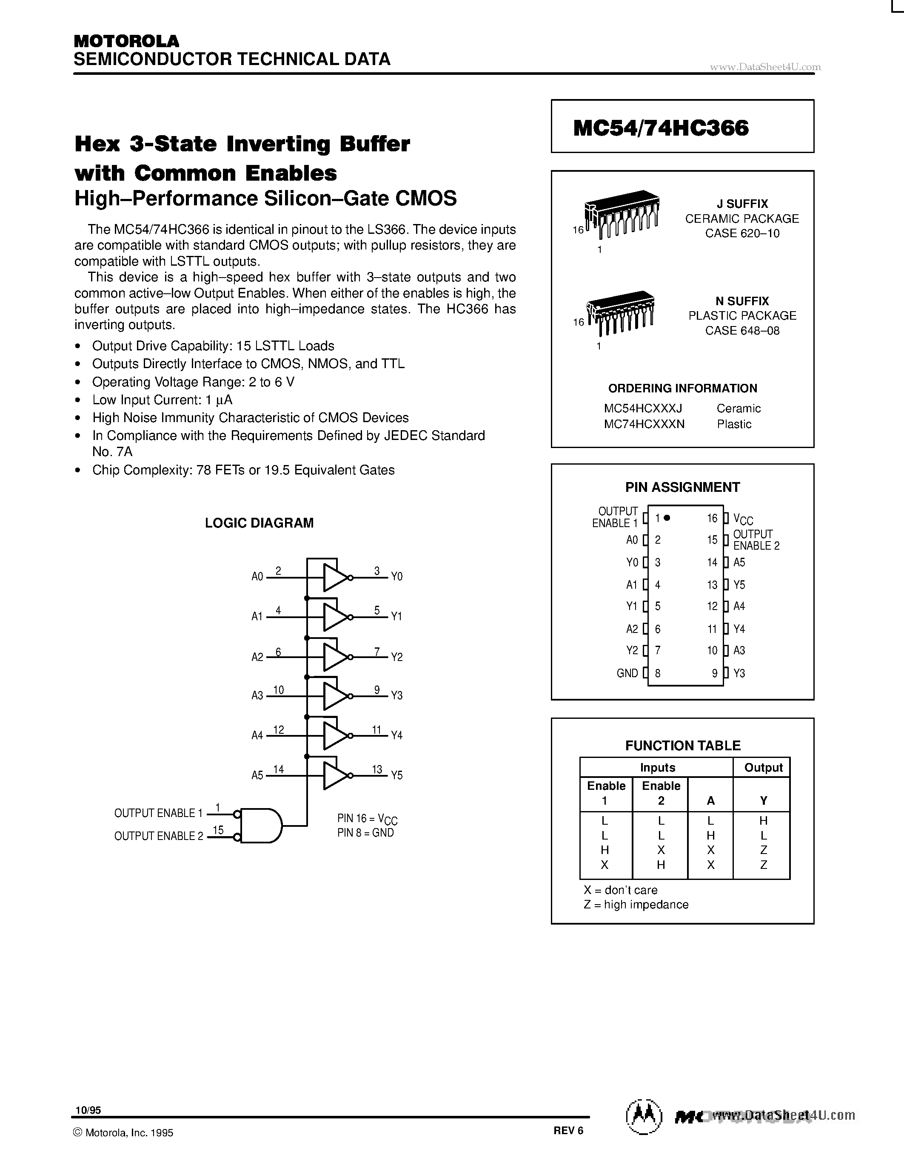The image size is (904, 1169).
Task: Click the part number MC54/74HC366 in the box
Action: click(660, 128)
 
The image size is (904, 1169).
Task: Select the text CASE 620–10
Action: click(742, 233)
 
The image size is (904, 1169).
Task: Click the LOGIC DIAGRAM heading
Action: click(259, 523)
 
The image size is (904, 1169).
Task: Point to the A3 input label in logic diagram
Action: click(257, 695)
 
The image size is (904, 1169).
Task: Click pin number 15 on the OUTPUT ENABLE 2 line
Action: click(218, 830)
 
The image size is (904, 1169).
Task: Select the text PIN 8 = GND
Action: click(365, 833)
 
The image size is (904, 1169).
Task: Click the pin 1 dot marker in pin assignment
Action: click(667, 518)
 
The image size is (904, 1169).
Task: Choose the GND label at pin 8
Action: click(627, 673)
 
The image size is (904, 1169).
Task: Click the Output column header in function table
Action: click(763, 768)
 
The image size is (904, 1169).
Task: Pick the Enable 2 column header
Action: click(661, 793)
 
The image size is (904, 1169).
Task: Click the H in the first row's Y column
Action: click(764, 820)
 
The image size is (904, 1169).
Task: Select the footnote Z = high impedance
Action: click(636, 904)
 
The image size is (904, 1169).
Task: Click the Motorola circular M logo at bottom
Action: click(643, 1115)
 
